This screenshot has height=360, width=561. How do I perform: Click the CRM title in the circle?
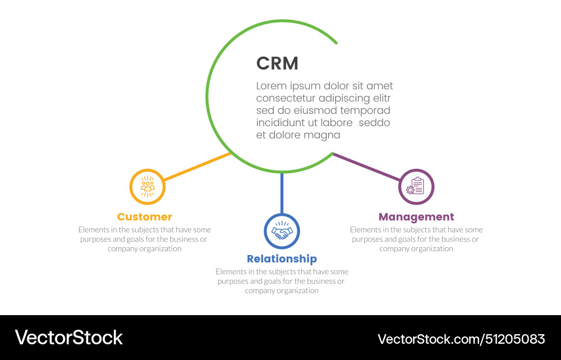coord(277,63)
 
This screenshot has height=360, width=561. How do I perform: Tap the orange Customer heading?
coord(145,217)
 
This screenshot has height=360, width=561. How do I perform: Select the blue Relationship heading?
coord(282,259)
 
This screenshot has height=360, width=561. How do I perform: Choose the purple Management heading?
coord(416,217)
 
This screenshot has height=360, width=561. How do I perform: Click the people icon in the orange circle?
coord(148,187)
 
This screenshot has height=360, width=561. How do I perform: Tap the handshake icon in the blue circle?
coord(282,231)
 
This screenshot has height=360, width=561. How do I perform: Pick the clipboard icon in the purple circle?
coord(416,187)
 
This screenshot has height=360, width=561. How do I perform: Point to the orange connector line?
coord(196,167)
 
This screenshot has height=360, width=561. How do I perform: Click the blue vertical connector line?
coord(282,193)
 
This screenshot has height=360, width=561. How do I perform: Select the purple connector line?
coord(367,167)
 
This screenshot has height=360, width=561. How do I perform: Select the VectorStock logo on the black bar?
coord(68,338)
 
